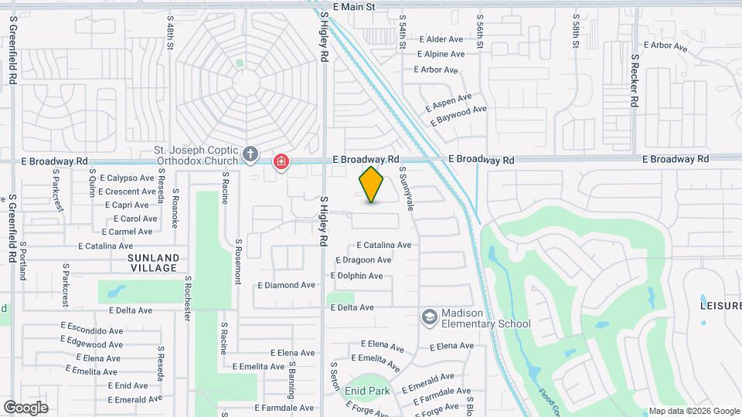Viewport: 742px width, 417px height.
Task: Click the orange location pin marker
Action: coord(372,184)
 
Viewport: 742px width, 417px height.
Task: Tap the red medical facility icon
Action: coord(281,161)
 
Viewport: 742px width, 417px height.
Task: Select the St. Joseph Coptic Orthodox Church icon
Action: coord(250,154)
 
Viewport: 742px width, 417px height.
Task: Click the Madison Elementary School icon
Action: coord(429,317)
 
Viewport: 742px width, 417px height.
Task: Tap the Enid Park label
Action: coord(368,392)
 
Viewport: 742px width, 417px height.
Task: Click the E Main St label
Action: coord(354,7)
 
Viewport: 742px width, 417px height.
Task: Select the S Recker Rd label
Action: coord(635,80)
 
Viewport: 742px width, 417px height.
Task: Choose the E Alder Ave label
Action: coord(441,39)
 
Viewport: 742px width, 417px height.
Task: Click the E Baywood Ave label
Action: coord(458,114)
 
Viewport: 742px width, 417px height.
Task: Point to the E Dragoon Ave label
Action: coord(362,260)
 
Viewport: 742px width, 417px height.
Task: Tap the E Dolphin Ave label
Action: coord(356,276)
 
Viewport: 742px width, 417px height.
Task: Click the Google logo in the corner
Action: coord(26,407)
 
